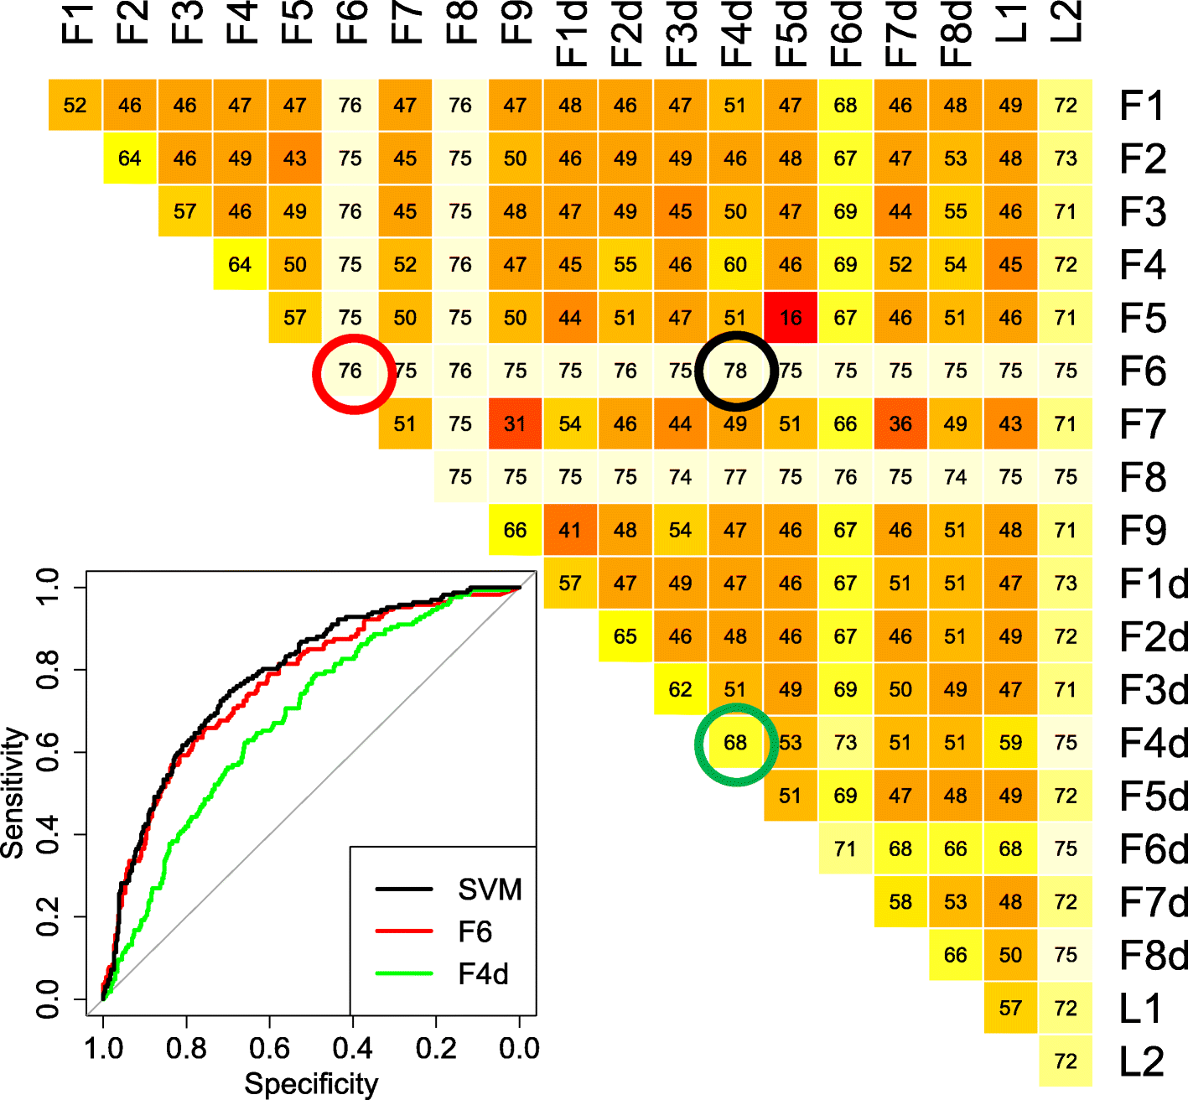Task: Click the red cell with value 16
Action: [790, 318]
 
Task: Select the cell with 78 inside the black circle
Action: [735, 371]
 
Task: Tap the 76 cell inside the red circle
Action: [350, 371]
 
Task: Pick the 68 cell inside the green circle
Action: [735, 743]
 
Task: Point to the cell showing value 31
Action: [515, 424]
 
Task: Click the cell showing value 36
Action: [900, 424]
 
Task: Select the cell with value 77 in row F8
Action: [735, 477]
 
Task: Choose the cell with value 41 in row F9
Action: [570, 530]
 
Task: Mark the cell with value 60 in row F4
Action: [735, 265]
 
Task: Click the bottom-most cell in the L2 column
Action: [1066, 1061]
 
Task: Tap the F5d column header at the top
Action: [790, 34]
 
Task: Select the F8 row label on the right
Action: [1142, 477]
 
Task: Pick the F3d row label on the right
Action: [1153, 689]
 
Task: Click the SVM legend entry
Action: [490, 890]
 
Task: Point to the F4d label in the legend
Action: [483, 974]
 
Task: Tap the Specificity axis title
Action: [311, 1083]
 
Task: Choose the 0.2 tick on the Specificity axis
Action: [436, 1048]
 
